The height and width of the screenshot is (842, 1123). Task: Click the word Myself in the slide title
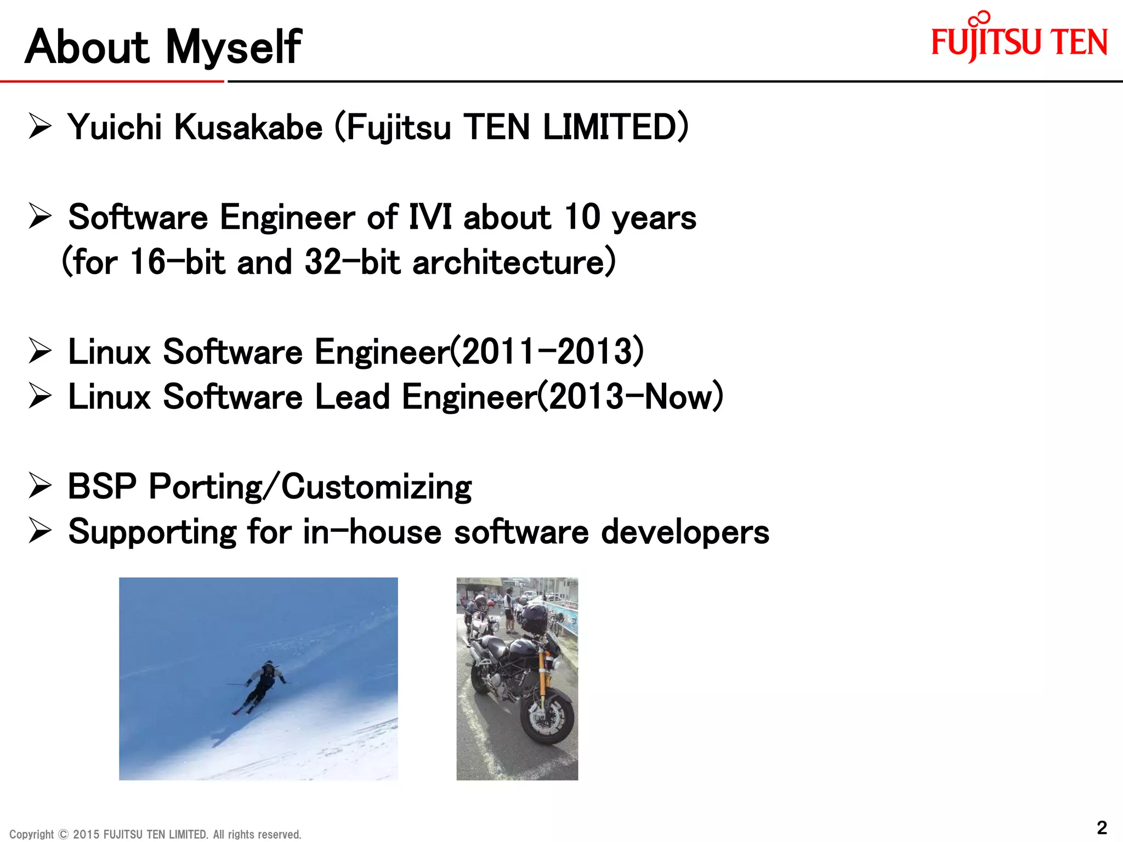point(233,48)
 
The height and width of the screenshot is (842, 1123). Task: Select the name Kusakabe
point(248,127)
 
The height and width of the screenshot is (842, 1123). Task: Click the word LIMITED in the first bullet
point(614,127)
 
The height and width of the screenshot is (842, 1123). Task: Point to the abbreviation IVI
point(430,217)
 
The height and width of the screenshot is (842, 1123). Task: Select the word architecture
point(513,262)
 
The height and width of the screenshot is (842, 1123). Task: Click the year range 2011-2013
point(551,352)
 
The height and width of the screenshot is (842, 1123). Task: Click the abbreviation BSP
point(102,487)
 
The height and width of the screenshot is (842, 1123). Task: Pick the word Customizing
point(376,487)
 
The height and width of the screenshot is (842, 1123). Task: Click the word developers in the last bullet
point(685,532)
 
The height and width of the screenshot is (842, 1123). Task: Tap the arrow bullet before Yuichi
point(40,127)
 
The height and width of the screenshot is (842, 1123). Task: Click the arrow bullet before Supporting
point(40,532)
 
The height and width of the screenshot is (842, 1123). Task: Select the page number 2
point(1102,827)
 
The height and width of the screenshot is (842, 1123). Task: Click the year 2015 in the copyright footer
point(86,834)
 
